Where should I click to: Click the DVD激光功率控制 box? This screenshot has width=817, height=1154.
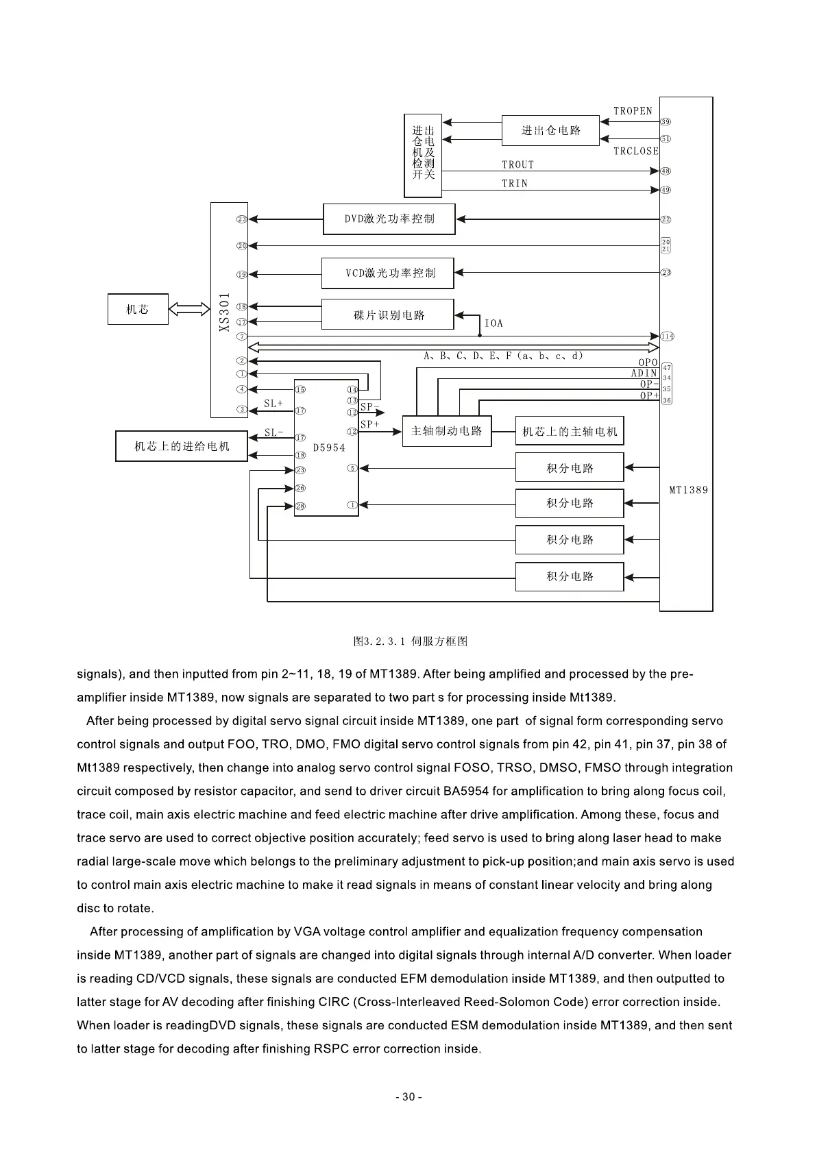click(389, 219)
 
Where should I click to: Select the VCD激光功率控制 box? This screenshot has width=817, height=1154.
click(387, 273)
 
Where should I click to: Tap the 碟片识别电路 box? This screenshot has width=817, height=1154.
click(387, 315)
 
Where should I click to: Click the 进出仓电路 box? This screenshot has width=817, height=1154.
click(550, 131)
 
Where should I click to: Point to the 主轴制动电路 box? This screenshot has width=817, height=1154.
click(446, 431)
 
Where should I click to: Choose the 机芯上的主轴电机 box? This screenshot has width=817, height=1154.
click(569, 432)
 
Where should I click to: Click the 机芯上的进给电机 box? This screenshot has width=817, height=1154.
click(182, 447)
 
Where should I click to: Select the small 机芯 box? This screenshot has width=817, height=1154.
click(138, 310)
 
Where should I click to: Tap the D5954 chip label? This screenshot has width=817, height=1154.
click(329, 447)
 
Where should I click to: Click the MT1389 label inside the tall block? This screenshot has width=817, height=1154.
click(688, 490)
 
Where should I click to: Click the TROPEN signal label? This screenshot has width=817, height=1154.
click(633, 111)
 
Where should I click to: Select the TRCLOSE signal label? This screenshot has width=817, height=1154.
click(635, 151)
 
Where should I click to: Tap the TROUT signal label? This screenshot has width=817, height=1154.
click(517, 164)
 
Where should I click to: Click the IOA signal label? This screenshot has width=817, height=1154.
click(493, 323)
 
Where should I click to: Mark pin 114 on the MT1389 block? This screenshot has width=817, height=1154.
click(668, 336)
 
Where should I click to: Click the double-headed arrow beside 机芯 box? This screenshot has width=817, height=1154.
click(188, 310)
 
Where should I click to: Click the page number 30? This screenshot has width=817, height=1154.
click(408, 1097)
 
